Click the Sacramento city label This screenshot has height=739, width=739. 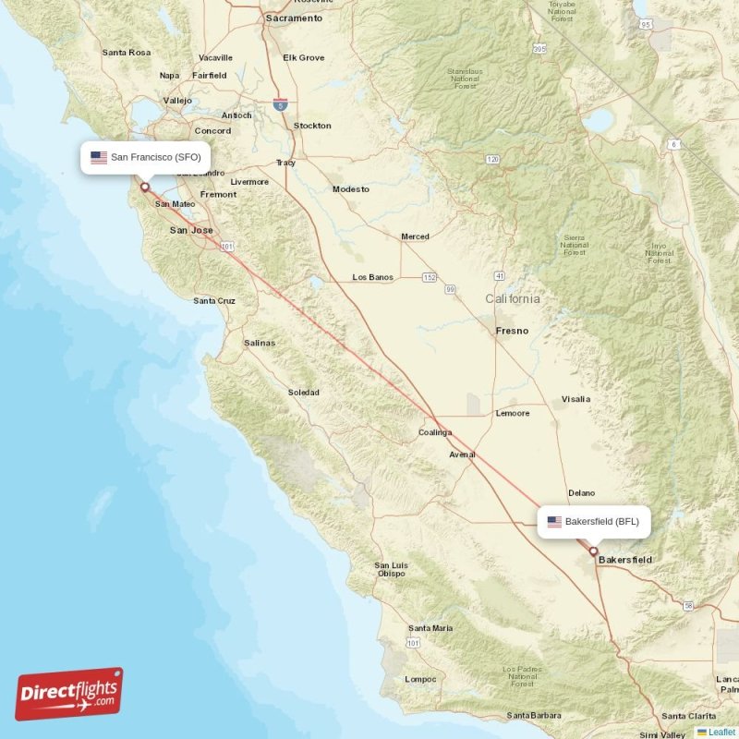(294, 18)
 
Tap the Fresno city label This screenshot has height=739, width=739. (512, 330)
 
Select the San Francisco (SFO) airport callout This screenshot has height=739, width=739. (146, 157)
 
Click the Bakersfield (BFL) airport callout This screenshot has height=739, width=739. (594, 522)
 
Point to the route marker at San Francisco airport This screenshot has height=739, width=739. (144, 187)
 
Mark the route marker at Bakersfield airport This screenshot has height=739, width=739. (593, 551)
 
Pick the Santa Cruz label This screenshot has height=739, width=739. (214, 301)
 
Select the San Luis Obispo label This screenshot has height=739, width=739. (391, 569)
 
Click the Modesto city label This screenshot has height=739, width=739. (351, 189)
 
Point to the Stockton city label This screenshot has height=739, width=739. (312, 126)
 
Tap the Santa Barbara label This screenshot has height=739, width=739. (534, 715)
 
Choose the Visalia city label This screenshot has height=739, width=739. (575, 399)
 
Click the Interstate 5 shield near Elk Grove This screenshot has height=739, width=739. (281, 104)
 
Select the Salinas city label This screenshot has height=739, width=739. (260, 343)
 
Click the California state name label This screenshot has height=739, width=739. (514, 299)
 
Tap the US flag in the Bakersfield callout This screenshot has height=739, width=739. (554, 522)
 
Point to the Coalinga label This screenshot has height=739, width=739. (435, 432)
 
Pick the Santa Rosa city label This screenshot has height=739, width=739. (127, 53)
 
